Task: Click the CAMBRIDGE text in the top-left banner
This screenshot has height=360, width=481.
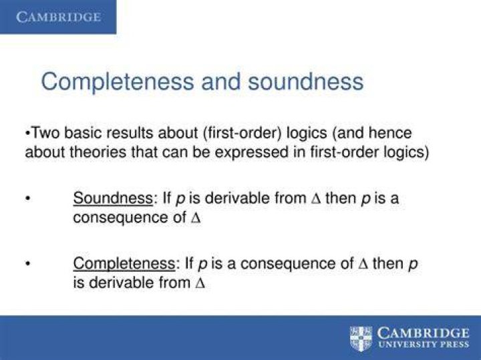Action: tap(58, 17)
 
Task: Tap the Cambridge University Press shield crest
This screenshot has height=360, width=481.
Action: tap(361, 339)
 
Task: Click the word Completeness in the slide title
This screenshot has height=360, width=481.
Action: tap(118, 82)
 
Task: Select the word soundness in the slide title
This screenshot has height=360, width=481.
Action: tap(305, 81)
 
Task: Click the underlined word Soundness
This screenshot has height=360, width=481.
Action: tap(113, 198)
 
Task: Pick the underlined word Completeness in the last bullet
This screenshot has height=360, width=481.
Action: tap(124, 264)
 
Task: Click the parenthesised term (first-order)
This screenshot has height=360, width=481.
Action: tap(242, 133)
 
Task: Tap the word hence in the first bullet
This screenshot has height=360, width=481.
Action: tap(390, 133)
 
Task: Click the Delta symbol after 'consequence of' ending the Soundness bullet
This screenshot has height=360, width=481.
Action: tap(196, 218)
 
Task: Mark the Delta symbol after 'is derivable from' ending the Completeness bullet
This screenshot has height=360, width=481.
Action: tap(200, 283)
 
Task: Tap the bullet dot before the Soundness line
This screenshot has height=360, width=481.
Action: tap(28, 198)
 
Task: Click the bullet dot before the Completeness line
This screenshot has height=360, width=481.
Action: tap(28, 263)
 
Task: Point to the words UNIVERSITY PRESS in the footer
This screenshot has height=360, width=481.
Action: tap(424, 344)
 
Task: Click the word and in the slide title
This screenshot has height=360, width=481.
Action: tap(221, 81)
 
